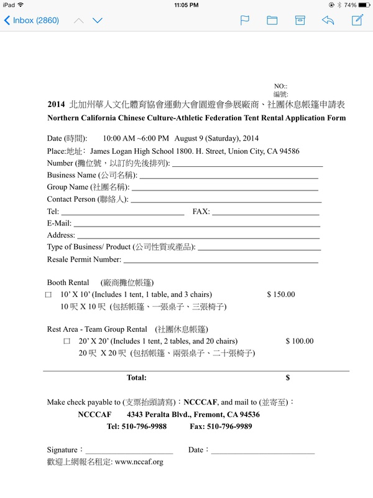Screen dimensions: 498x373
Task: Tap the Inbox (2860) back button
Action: click(31, 20)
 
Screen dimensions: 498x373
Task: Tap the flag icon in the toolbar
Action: click(245, 20)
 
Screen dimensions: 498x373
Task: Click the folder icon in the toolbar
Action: click(272, 20)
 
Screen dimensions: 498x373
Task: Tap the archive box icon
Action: click(300, 20)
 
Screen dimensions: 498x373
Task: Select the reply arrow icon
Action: click(328, 20)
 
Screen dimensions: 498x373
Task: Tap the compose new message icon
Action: click(357, 20)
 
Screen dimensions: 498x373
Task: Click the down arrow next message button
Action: click(98, 20)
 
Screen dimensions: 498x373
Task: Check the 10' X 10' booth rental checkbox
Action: click(48, 294)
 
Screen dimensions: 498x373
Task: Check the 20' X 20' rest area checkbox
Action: click(67, 341)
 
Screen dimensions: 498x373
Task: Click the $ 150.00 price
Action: click(281, 294)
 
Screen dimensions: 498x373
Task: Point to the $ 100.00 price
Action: click(300, 341)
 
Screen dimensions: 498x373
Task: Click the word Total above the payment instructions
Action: click(136, 377)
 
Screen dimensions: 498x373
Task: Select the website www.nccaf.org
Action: click(139, 462)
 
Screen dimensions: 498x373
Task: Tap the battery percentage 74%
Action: click(350, 5)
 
